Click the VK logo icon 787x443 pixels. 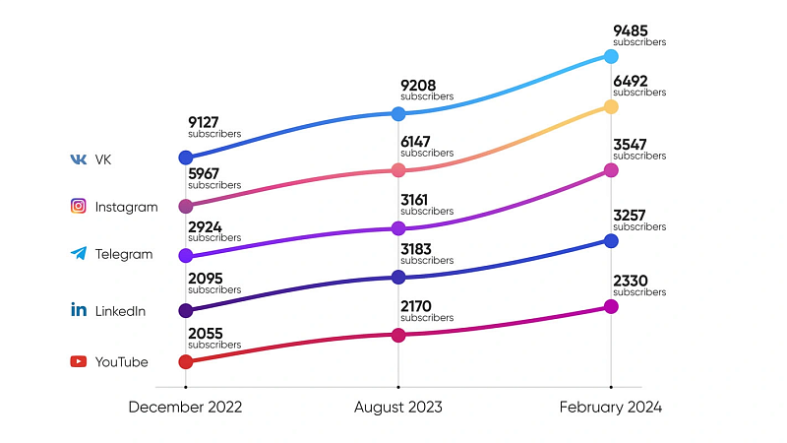pos(78,159)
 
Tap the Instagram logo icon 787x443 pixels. pos(78,207)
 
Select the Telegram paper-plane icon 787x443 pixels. pos(78,254)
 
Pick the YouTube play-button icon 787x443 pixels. pos(78,361)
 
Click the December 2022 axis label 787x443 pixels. pos(185,407)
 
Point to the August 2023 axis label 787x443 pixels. pos(398,407)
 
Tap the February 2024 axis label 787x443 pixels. pos(611,407)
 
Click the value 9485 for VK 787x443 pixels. pos(631,31)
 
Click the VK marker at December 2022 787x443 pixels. pos(186,158)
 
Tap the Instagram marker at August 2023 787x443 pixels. pos(398,170)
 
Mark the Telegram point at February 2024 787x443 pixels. pos(611,170)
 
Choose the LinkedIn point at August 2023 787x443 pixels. pos(398,278)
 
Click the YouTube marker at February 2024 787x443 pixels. pos(611,306)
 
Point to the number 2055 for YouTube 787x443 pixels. pos(206,333)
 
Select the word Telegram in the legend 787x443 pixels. pos(124,254)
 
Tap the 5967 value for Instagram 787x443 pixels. pos(206,172)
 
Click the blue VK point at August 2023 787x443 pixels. pos(398,114)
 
